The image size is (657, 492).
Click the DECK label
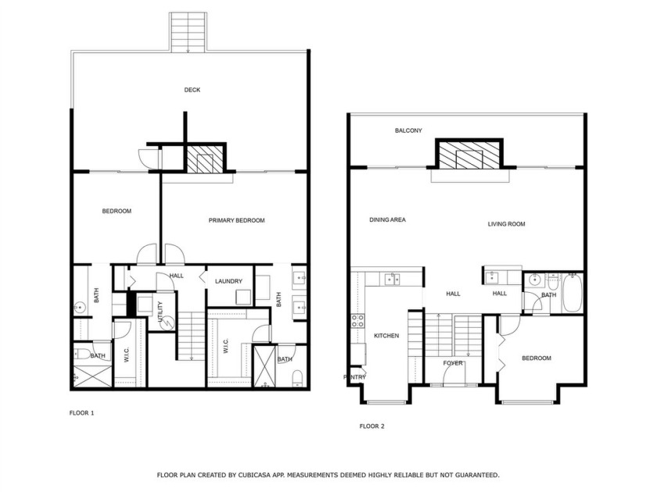point(192,90)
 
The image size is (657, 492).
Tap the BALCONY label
point(408,130)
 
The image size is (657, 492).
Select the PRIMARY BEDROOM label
point(237,220)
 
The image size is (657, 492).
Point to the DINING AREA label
point(388,219)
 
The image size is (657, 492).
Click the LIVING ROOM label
point(507,224)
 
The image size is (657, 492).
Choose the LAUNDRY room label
point(228,281)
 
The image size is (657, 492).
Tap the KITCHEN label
point(386,336)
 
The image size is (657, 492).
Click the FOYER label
point(453,363)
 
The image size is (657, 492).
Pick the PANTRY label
point(355,377)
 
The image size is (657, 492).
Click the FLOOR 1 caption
point(81,413)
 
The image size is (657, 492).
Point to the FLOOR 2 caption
point(372,426)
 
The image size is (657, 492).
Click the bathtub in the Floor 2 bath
point(572,293)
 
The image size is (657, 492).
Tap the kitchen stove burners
point(357,321)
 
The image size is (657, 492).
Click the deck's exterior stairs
point(188,32)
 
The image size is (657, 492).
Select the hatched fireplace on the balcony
point(469,155)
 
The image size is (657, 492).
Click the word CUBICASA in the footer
point(253,475)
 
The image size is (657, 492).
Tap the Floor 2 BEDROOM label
point(537,358)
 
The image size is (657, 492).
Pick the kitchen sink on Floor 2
point(392,279)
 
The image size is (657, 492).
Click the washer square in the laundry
point(243,297)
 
